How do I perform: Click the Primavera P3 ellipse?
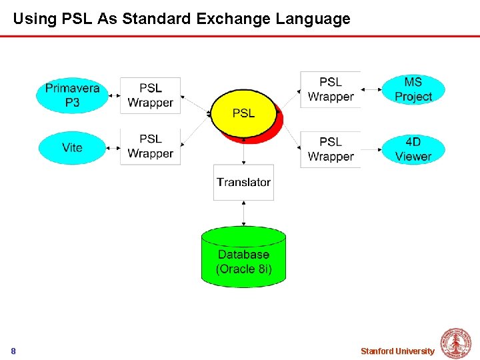coord(73,95)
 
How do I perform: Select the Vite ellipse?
coord(73,147)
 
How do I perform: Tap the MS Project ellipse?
coord(413,89)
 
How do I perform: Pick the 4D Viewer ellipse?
coord(413,149)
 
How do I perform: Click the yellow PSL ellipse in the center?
coord(243,113)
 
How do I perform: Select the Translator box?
coord(243,182)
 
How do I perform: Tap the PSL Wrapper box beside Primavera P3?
coord(151,95)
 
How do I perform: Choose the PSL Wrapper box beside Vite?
coord(151,147)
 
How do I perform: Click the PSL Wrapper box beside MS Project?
coord(331,89)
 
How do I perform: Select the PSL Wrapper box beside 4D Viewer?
coord(331,149)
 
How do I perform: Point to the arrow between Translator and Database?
coord(243,213)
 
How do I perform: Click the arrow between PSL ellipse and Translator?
coord(243,152)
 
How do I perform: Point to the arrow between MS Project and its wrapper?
coord(371,88)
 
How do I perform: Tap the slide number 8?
coord(13,351)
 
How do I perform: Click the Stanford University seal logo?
coord(457,343)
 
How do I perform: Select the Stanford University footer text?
coord(397,351)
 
